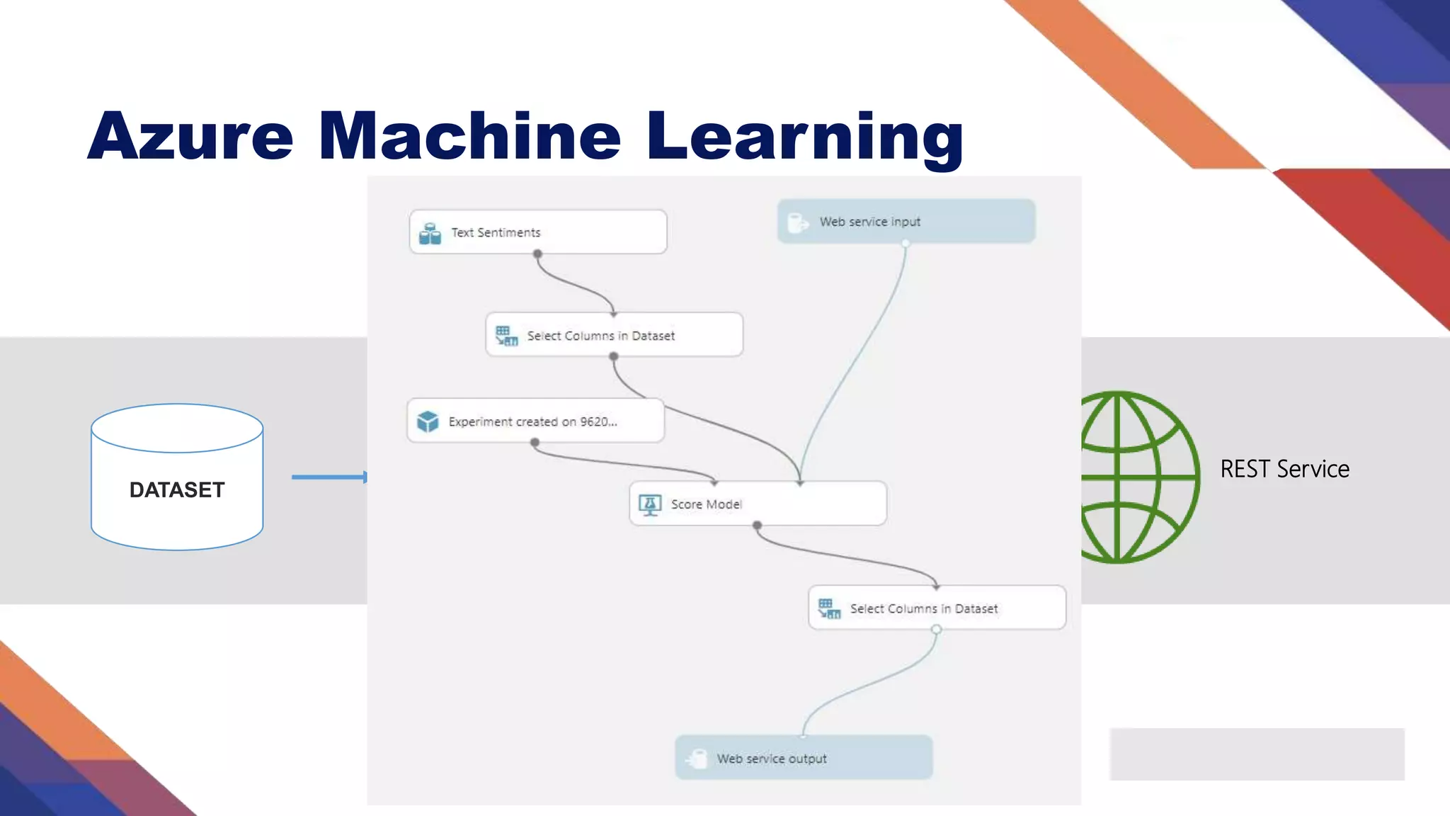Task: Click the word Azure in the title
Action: (190, 135)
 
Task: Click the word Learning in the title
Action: (804, 135)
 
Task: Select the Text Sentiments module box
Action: (538, 232)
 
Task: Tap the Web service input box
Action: (906, 222)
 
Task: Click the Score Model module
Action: (758, 504)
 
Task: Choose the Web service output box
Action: (804, 758)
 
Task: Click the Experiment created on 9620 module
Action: (535, 421)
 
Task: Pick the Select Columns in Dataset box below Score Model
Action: (937, 608)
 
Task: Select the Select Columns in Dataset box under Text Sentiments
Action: (614, 334)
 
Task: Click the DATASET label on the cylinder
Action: (177, 489)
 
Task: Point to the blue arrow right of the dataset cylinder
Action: (329, 477)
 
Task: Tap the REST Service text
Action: (1284, 469)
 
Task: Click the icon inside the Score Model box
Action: (650, 504)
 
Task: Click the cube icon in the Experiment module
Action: (428, 421)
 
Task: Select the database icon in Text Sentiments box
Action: (430, 233)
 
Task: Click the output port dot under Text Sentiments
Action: (537, 254)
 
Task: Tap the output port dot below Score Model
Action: (757, 526)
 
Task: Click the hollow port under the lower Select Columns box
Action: (936, 629)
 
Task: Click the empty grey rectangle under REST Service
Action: (1257, 754)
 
